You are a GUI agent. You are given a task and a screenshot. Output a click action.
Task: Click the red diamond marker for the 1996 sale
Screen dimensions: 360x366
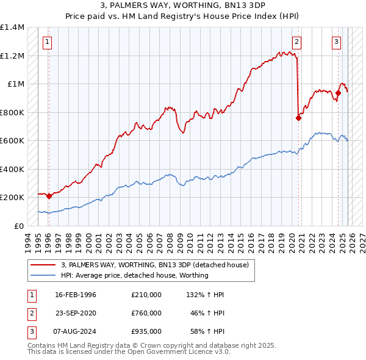click(x=49, y=196)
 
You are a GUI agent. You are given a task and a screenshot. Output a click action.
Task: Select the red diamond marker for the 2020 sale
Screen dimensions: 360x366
click(x=298, y=118)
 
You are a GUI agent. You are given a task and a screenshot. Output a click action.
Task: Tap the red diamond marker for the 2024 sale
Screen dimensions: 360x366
click(x=338, y=93)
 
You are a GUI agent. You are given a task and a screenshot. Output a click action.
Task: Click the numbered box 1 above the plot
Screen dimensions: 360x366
click(x=48, y=42)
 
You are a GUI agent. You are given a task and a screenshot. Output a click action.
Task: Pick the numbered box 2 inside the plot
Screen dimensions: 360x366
click(x=296, y=42)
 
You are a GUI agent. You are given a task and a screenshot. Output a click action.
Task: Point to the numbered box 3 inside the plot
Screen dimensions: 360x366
click(x=337, y=42)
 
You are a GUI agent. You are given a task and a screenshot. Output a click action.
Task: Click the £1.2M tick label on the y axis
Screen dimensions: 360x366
click(x=12, y=56)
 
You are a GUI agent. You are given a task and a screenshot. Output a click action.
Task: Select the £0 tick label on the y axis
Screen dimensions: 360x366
click(x=18, y=226)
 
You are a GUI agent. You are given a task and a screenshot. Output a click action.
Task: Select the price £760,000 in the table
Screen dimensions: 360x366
click(x=146, y=313)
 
